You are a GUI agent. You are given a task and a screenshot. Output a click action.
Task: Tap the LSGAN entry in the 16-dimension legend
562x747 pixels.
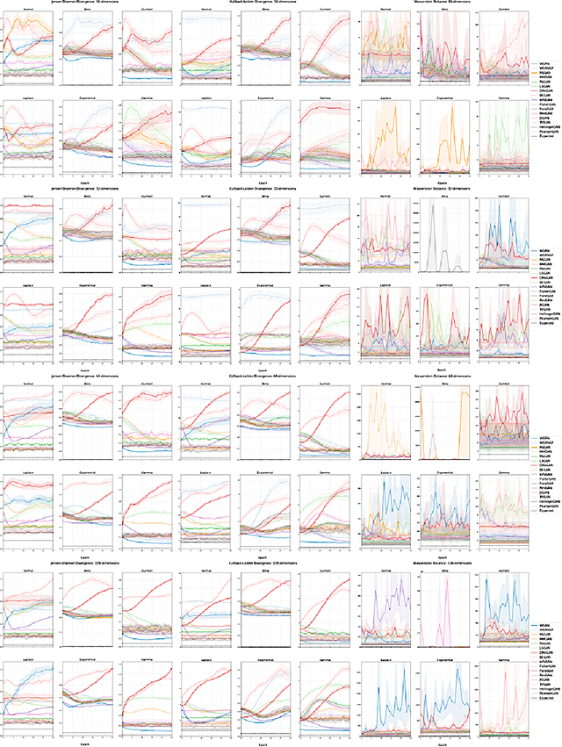click(x=544, y=86)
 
